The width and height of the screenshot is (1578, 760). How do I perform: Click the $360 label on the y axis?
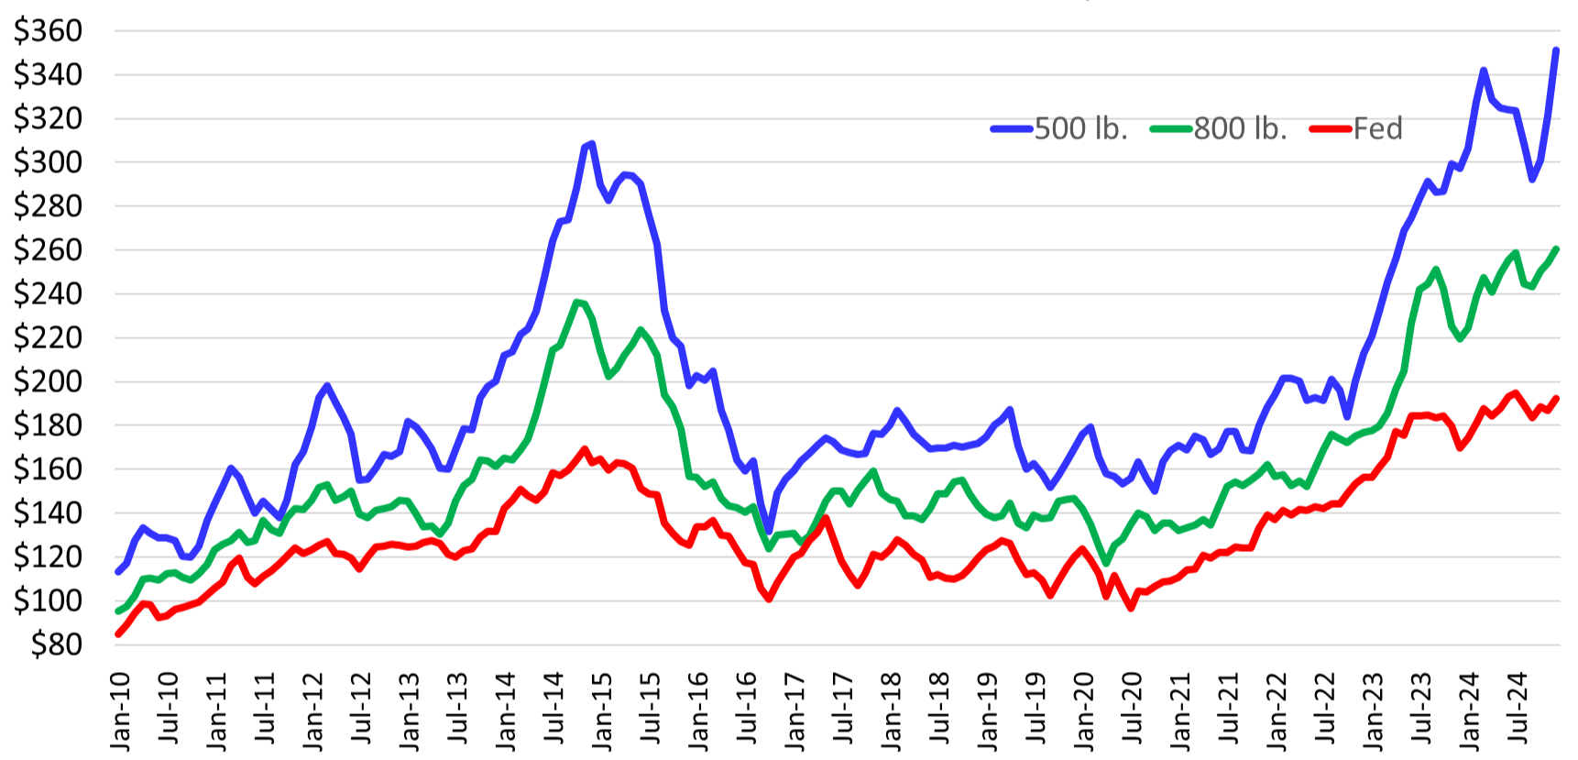[x=48, y=31]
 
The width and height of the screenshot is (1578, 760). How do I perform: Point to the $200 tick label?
[x=48, y=381]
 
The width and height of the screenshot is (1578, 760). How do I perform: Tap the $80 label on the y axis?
[x=56, y=644]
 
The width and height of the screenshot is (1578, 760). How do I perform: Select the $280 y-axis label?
[x=48, y=206]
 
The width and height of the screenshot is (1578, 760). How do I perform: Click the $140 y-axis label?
[x=48, y=513]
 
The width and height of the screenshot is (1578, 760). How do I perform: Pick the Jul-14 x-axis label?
[x=554, y=711]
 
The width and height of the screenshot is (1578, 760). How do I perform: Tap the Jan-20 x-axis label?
[x=1085, y=711]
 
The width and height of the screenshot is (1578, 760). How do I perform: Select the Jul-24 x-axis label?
[x=1518, y=711]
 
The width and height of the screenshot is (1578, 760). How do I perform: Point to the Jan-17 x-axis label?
[x=795, y=711]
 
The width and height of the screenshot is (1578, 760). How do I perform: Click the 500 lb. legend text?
[x=1080, y=129]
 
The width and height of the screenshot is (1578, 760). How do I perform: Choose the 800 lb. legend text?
[x=1240, y=129]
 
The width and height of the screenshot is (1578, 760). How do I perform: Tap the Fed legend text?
[x=1377, y=129]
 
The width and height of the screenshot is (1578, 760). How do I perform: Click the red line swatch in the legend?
[x=1331, y=129]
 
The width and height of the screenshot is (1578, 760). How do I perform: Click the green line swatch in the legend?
[x=1171, y=129]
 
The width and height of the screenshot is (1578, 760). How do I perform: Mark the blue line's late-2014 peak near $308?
[x=592, y=144]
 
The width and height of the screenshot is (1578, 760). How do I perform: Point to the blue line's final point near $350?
[x=1556, y=50]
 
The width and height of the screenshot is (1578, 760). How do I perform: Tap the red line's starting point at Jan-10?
[x=118, y=633]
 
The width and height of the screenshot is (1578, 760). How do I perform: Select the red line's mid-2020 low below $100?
[x=1131, y=608]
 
